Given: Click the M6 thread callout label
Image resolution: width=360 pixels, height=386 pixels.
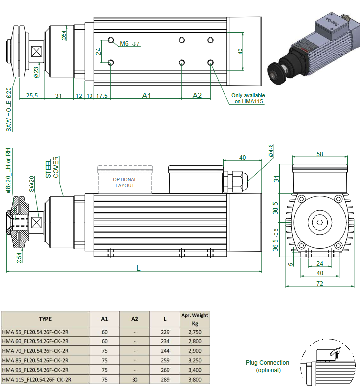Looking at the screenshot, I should click(x=124, y=44).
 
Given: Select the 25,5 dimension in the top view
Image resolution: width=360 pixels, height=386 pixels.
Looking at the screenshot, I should click(x=31, y=95).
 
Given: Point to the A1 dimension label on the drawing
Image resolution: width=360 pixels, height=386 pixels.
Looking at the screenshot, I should click(x=147, y=95).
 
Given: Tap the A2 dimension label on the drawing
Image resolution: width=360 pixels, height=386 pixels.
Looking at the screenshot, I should click(x=197, y=95).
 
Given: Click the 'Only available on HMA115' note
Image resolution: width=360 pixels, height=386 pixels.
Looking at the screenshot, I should click(x=248, y=98).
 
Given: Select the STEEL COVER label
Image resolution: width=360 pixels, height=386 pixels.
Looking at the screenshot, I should click(x=52, y=168).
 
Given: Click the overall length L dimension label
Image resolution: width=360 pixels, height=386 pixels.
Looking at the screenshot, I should click(x=138, y=268).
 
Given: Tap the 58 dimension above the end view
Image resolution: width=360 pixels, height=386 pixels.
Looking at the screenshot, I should click(x=320, y=154).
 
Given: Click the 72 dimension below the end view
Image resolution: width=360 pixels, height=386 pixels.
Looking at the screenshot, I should click(x=320, y=283).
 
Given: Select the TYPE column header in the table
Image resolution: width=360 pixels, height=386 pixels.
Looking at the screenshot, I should click(x=45, y=319).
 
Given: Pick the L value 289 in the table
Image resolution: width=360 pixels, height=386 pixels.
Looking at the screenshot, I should click(x=166, y=380).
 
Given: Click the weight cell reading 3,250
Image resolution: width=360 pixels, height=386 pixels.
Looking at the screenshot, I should click(x=195, y=360).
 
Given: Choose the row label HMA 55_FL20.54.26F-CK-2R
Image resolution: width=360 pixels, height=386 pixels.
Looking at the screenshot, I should click(x=36, y=332).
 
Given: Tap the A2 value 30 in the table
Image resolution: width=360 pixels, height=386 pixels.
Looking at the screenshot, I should click(x=135, y=380).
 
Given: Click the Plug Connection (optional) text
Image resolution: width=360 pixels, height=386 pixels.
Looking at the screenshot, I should click(x=268, y=366).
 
